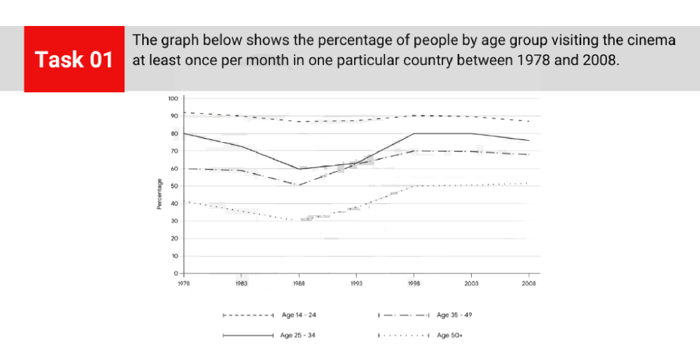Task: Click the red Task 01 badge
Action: [74, 59]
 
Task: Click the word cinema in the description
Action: [650, 40]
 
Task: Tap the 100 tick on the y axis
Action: [172, 98]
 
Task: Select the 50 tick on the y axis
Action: [174, 186]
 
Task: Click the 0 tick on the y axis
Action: [176, 273]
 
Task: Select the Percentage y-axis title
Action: [159, 194]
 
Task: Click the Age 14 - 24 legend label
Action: [299, 316]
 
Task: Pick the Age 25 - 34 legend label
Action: [299, 335]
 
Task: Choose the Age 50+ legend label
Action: [448, 335]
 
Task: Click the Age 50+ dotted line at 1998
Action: [414, 186]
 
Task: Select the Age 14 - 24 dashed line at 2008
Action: [528, 121]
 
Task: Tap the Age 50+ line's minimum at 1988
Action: [299, 221]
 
